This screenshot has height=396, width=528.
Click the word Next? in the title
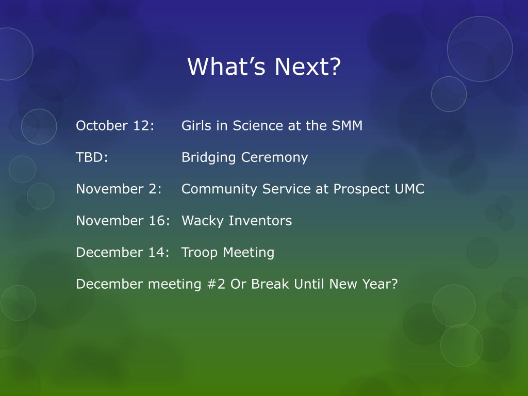point(308,67)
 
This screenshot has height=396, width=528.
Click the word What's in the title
point(227,67)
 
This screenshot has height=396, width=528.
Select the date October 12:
point(115,126)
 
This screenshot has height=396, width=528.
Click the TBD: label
point(92,157)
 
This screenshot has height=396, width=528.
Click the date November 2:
point(119,189)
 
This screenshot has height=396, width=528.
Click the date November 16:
point(123,221)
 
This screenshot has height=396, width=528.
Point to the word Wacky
point(203,221)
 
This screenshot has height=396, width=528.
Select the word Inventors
point(260,221)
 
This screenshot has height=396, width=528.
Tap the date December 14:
point(123,252)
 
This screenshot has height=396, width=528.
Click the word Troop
point(200,253)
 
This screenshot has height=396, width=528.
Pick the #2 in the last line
point(216,284)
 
